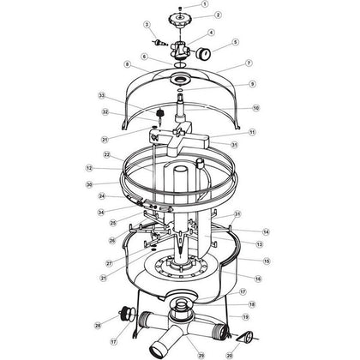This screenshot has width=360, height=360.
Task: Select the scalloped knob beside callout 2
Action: [183, 16]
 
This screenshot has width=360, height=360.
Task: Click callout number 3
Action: [147, 25]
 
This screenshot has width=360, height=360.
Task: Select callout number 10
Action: [255, 109]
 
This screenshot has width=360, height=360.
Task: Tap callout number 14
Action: [266, 231]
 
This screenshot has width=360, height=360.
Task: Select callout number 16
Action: [257, 278]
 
